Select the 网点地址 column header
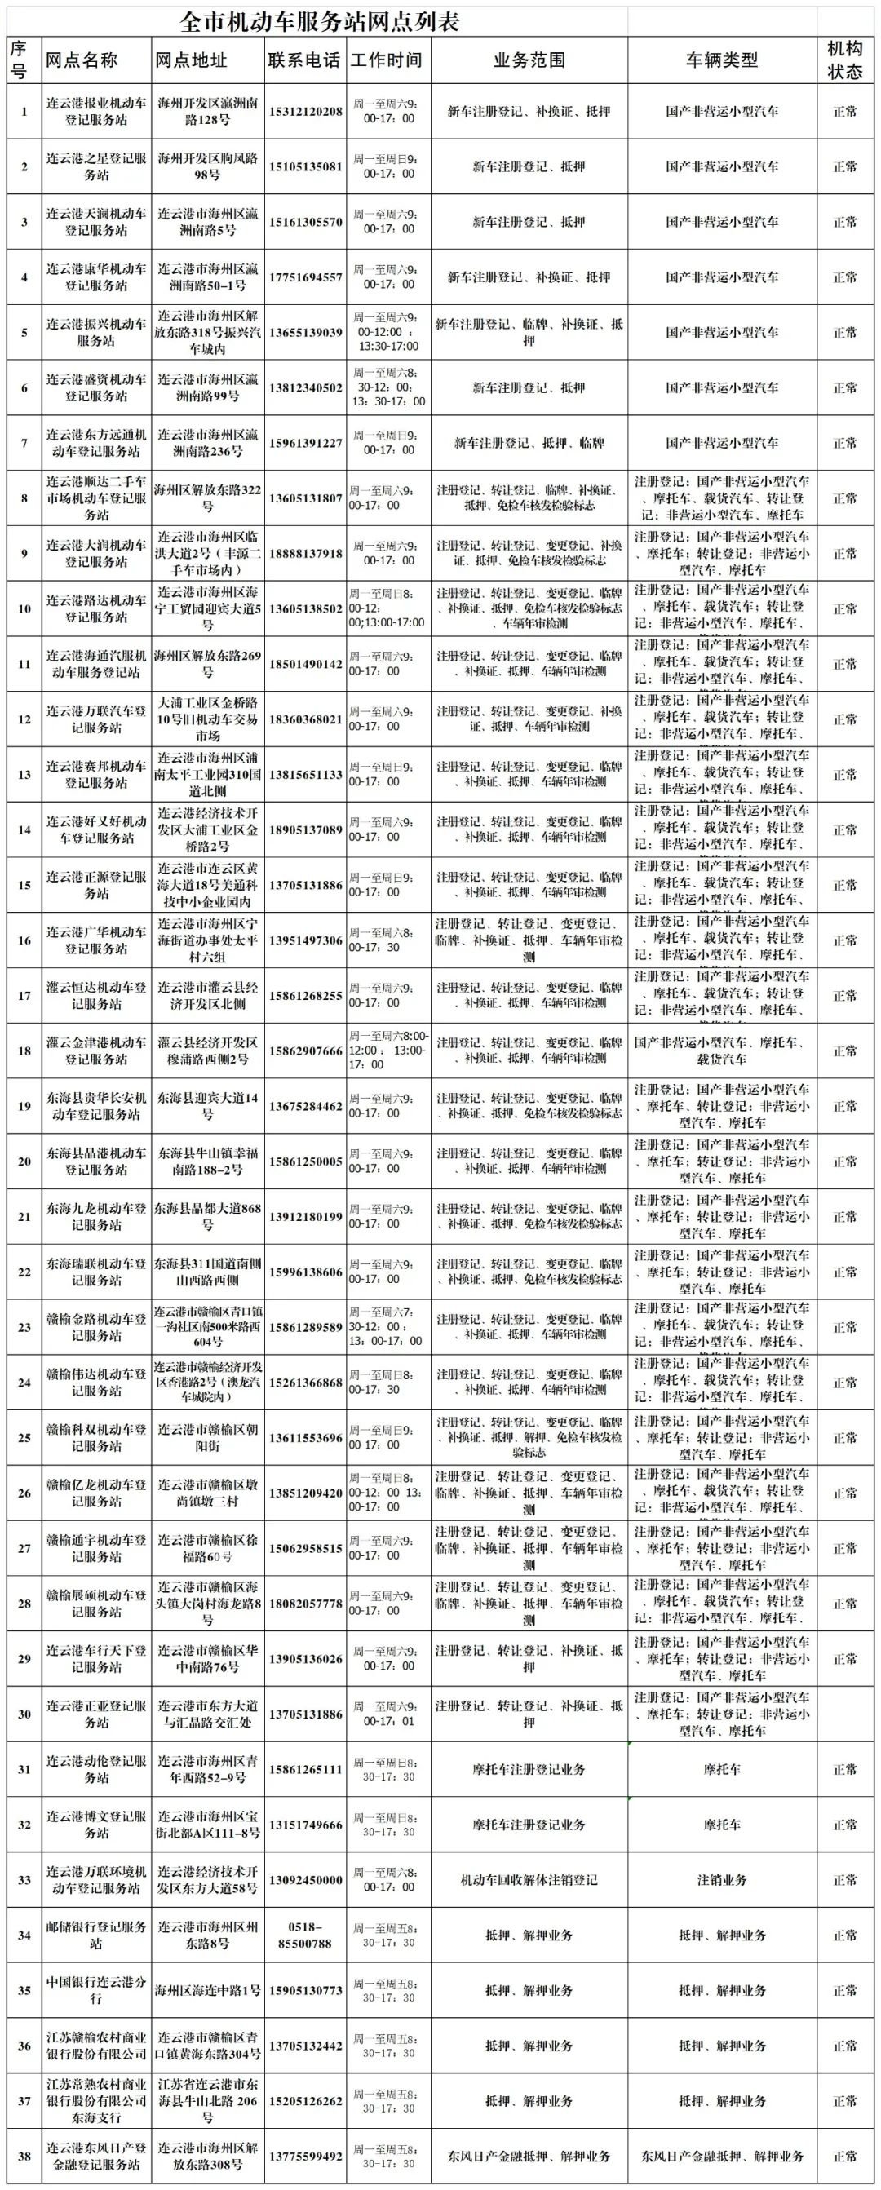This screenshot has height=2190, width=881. click(x=192, y=60)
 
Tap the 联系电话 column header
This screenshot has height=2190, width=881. click(x=303, y=60)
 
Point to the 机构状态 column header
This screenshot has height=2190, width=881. click(x=844, y=60)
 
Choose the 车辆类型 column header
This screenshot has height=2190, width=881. click(x=721, y=60)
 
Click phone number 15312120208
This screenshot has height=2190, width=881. click(x=305, y=112)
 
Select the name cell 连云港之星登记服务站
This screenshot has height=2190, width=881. click(x=96, y=166)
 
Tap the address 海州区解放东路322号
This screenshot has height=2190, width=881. click(x=207, y=498)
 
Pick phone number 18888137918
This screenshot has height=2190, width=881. click(x=305, y=554)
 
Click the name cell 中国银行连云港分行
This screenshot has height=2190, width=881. click(x=96, y=1989)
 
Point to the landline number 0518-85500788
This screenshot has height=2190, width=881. click(x=305, y=1935)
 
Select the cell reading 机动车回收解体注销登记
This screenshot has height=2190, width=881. click(x=529, y=1880)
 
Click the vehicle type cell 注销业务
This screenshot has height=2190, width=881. click(x=721, y=1880)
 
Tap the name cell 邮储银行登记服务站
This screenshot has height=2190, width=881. click(x=96, y=1935)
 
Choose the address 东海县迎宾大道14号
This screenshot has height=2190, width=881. click(x=207, y=1106)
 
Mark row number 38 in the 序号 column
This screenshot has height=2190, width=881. click(x=24, y=2155)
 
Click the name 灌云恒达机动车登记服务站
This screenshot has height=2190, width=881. click(x=96, y=996)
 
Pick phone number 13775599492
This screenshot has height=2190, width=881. click(x=305, y=2156)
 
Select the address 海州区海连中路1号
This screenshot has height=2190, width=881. click(x=207, y=1990)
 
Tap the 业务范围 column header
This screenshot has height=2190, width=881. click(x=529, y=60)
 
